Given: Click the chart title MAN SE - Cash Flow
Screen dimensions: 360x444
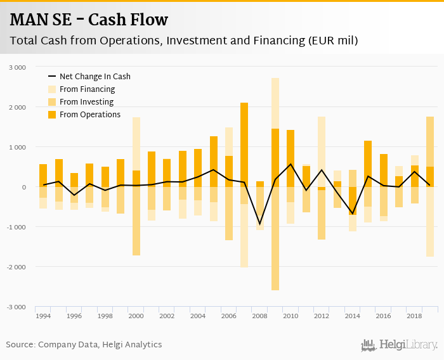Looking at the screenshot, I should point(89,20).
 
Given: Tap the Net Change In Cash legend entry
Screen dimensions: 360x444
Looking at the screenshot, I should point(95,77).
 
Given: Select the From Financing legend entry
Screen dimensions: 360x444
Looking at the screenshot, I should point(87,89).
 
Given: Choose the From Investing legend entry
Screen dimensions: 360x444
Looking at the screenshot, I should point(86,102).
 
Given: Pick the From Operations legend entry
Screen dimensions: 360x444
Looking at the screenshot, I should point(89,115).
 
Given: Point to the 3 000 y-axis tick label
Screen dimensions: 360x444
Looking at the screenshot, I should point(18,67).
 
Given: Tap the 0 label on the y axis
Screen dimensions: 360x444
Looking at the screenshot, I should point(23,187).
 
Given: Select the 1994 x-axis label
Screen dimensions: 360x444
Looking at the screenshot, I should point(43,316).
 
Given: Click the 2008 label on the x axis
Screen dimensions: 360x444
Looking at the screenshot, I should point(259,316).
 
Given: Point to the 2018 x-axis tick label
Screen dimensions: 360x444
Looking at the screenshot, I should point(414,316).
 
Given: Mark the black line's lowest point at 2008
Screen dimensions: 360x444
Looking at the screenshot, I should point(260,224).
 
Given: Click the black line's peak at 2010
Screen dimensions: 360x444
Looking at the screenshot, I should point(291,164).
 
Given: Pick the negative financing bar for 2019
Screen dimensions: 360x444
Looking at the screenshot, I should point(430,222).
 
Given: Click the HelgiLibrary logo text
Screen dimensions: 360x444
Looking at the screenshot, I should point(408,345).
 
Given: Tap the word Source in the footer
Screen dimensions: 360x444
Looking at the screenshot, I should point(20,345).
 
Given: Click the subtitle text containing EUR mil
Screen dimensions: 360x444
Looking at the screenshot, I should point(184,41).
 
